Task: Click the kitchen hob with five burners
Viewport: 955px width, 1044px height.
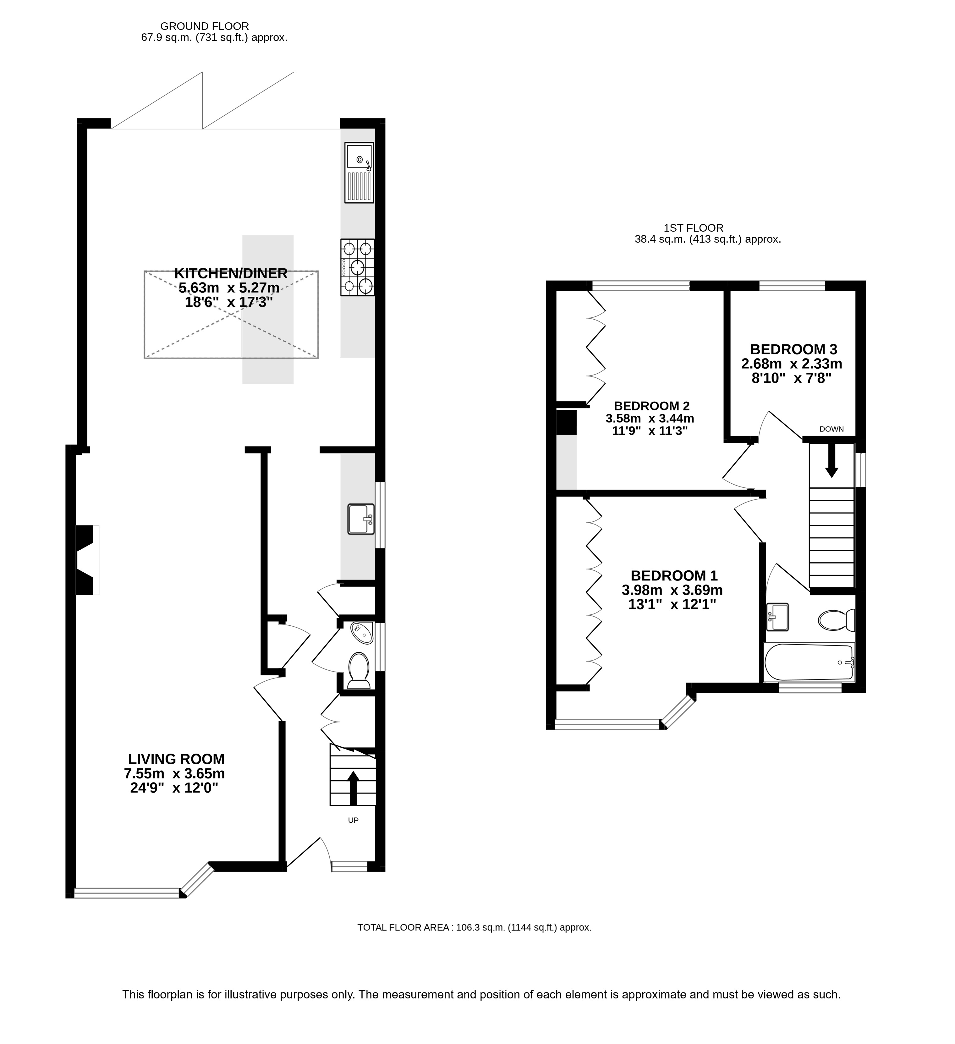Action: [357, 267]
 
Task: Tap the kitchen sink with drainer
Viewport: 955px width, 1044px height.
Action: [359, 173]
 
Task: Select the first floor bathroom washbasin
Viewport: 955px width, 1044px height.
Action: [777, 617]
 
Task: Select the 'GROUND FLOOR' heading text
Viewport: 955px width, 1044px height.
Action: [205, 26]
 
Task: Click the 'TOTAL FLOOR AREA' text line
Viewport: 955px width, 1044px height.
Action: [475, 927]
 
